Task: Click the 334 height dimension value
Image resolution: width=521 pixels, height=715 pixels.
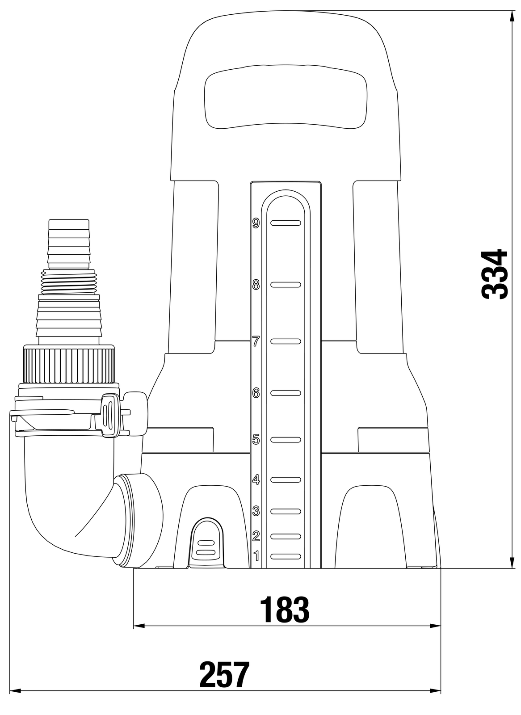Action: (x=494, y=274)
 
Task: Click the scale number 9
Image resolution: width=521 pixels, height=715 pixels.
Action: (x=256, y=223)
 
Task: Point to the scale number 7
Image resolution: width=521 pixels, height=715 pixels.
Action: (x=256, y=341)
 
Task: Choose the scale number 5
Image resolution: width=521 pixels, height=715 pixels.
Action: (x=256, y=440)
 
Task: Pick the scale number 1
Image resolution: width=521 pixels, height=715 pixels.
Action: (x=256, y=556)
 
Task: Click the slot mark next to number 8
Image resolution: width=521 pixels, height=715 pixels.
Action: (x=286, y=284)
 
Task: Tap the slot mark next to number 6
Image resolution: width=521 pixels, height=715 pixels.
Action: (x=286, y=393)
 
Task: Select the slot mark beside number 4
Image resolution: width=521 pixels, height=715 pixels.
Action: (x=286, y=480)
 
